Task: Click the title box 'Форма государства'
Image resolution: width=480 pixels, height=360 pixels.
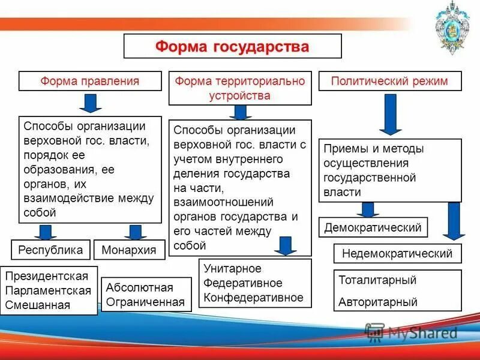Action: click(x=232, y=46)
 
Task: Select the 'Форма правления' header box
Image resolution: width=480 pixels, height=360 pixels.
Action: click(x=90, y=81)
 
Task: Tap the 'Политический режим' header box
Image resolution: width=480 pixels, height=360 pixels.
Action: click(x=390, y=81)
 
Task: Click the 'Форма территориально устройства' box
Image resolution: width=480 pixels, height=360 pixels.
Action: click(x=240, y=88)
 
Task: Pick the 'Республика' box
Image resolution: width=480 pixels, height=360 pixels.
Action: click(x=50, y=250)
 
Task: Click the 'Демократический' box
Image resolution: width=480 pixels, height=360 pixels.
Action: click(x=373, y=227)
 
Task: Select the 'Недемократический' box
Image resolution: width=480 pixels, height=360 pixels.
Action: click(x=397, y=253)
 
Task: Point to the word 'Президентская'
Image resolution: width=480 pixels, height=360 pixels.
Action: click(x=47, y=277)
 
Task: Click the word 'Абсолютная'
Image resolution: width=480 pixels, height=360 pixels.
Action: click(x=139, y=287)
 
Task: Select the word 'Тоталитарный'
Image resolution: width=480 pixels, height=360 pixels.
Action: click(x=377, y=280)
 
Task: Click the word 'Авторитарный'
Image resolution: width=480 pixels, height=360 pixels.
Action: click(x=378, y=302)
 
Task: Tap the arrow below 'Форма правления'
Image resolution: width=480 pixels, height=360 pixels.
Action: click(x=91, y=103)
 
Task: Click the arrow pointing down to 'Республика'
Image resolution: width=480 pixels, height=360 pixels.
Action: click(x=44, y=232)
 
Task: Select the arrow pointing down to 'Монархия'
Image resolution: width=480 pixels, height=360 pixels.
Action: click(x=136, y=232)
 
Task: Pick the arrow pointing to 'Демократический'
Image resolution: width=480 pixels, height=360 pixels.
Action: click(x=368, y=209)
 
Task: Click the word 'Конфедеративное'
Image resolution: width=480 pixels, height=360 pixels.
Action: click(x=253, y=297)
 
